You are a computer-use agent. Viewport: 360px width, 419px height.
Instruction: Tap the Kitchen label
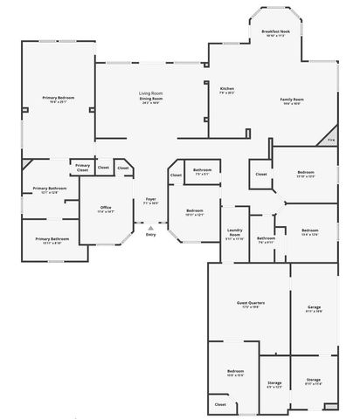(x=226, y=88)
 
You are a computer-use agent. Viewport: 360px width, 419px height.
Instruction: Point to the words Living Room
(x=151, y=93)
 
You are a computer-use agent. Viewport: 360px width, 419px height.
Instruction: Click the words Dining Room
(x=151, y=99)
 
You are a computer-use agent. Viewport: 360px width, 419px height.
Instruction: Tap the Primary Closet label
(x=82, y=167)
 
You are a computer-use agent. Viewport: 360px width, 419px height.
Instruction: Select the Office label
(x=105, y=207)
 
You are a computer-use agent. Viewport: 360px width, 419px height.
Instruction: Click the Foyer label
(x=150, y=199)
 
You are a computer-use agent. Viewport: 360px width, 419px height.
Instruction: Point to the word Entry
(x=150, y=235)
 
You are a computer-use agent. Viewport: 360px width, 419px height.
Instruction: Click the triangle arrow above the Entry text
(x=150, y=227)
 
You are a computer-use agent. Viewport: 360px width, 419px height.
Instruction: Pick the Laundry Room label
(x=234, y=233)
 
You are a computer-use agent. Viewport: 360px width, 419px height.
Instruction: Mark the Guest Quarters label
(x=251, y=303)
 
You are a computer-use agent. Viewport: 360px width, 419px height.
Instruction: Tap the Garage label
(x=314, y=307)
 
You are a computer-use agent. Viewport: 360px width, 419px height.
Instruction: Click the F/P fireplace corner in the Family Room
(x=330, y=139)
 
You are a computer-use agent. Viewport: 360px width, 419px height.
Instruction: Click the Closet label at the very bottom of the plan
(x=219, y=404)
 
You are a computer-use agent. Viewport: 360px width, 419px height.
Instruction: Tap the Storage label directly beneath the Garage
(x=314, y=380)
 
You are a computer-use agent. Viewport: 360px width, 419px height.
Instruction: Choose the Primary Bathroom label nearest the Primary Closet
(x=45, y=189)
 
